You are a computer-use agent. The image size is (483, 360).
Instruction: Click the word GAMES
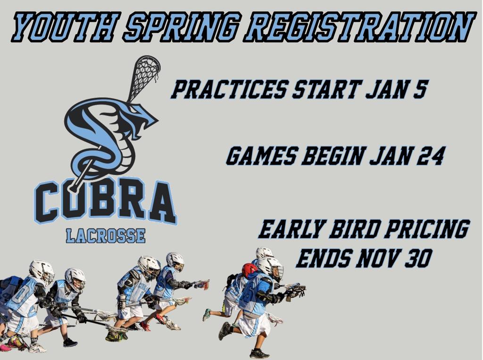click(x=262, y=155)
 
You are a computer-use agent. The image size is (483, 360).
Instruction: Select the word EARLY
click(x=291, y=229)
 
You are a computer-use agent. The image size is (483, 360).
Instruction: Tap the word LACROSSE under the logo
click(x=106, y=236)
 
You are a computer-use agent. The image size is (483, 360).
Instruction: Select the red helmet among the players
click(x=249, y=270)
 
